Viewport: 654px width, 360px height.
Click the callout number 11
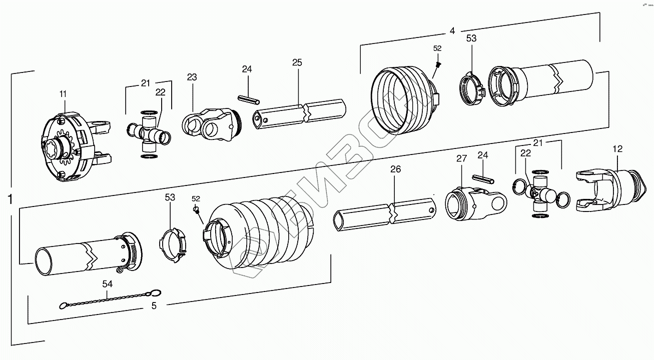point(63,93)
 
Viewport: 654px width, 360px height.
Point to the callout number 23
point(192,77)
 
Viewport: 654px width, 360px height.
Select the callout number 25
point(297,62)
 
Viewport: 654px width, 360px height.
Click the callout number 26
point(395,169)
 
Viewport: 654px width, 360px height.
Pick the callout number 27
point(461,158)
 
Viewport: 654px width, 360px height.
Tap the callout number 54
point(108,284)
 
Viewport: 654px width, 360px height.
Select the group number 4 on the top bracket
point(452,30)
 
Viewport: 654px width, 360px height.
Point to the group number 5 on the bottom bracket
point(154,305)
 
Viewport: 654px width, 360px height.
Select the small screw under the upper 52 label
point(438,64)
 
